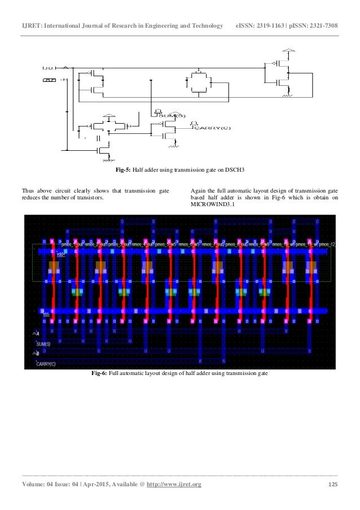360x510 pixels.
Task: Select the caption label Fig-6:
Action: point(99,374)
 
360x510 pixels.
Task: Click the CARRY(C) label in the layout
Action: point(46,364)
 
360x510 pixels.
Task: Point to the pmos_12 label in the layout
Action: point(326,245)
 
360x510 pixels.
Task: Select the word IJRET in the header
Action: point(32,27)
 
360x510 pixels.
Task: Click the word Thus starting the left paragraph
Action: point(29,190)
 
